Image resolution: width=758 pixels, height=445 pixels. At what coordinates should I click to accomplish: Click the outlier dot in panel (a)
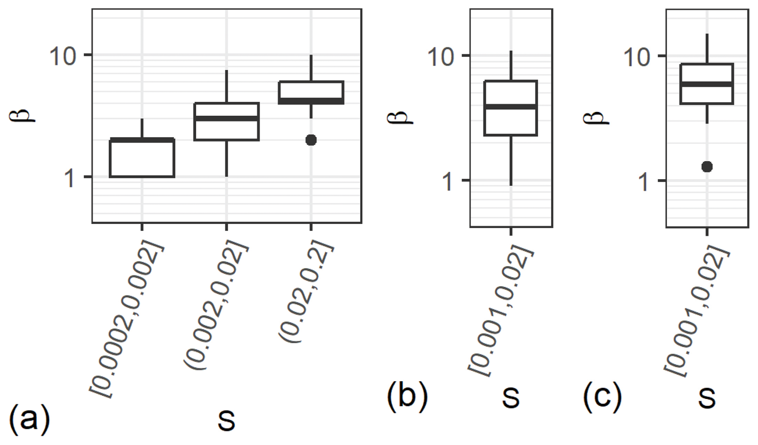click(311, 140)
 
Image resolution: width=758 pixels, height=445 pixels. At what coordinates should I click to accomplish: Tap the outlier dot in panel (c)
click(707, 167)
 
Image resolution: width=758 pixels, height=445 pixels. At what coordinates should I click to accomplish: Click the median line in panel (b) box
click(511, 107)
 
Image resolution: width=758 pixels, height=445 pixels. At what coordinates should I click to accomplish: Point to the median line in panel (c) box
click(707, 84)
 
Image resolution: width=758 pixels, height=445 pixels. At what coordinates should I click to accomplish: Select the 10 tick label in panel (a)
click(62, 56)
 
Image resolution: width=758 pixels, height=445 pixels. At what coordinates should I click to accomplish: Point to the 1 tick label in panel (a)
click(70, 178)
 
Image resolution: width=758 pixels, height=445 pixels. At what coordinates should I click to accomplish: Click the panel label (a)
click(29, 419)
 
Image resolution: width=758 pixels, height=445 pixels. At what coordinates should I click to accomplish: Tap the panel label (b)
click(407, 395)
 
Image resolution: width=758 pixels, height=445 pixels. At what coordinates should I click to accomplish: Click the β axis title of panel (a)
click(22, 115)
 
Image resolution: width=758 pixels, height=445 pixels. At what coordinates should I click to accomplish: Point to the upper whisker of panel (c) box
click(707, 49)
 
